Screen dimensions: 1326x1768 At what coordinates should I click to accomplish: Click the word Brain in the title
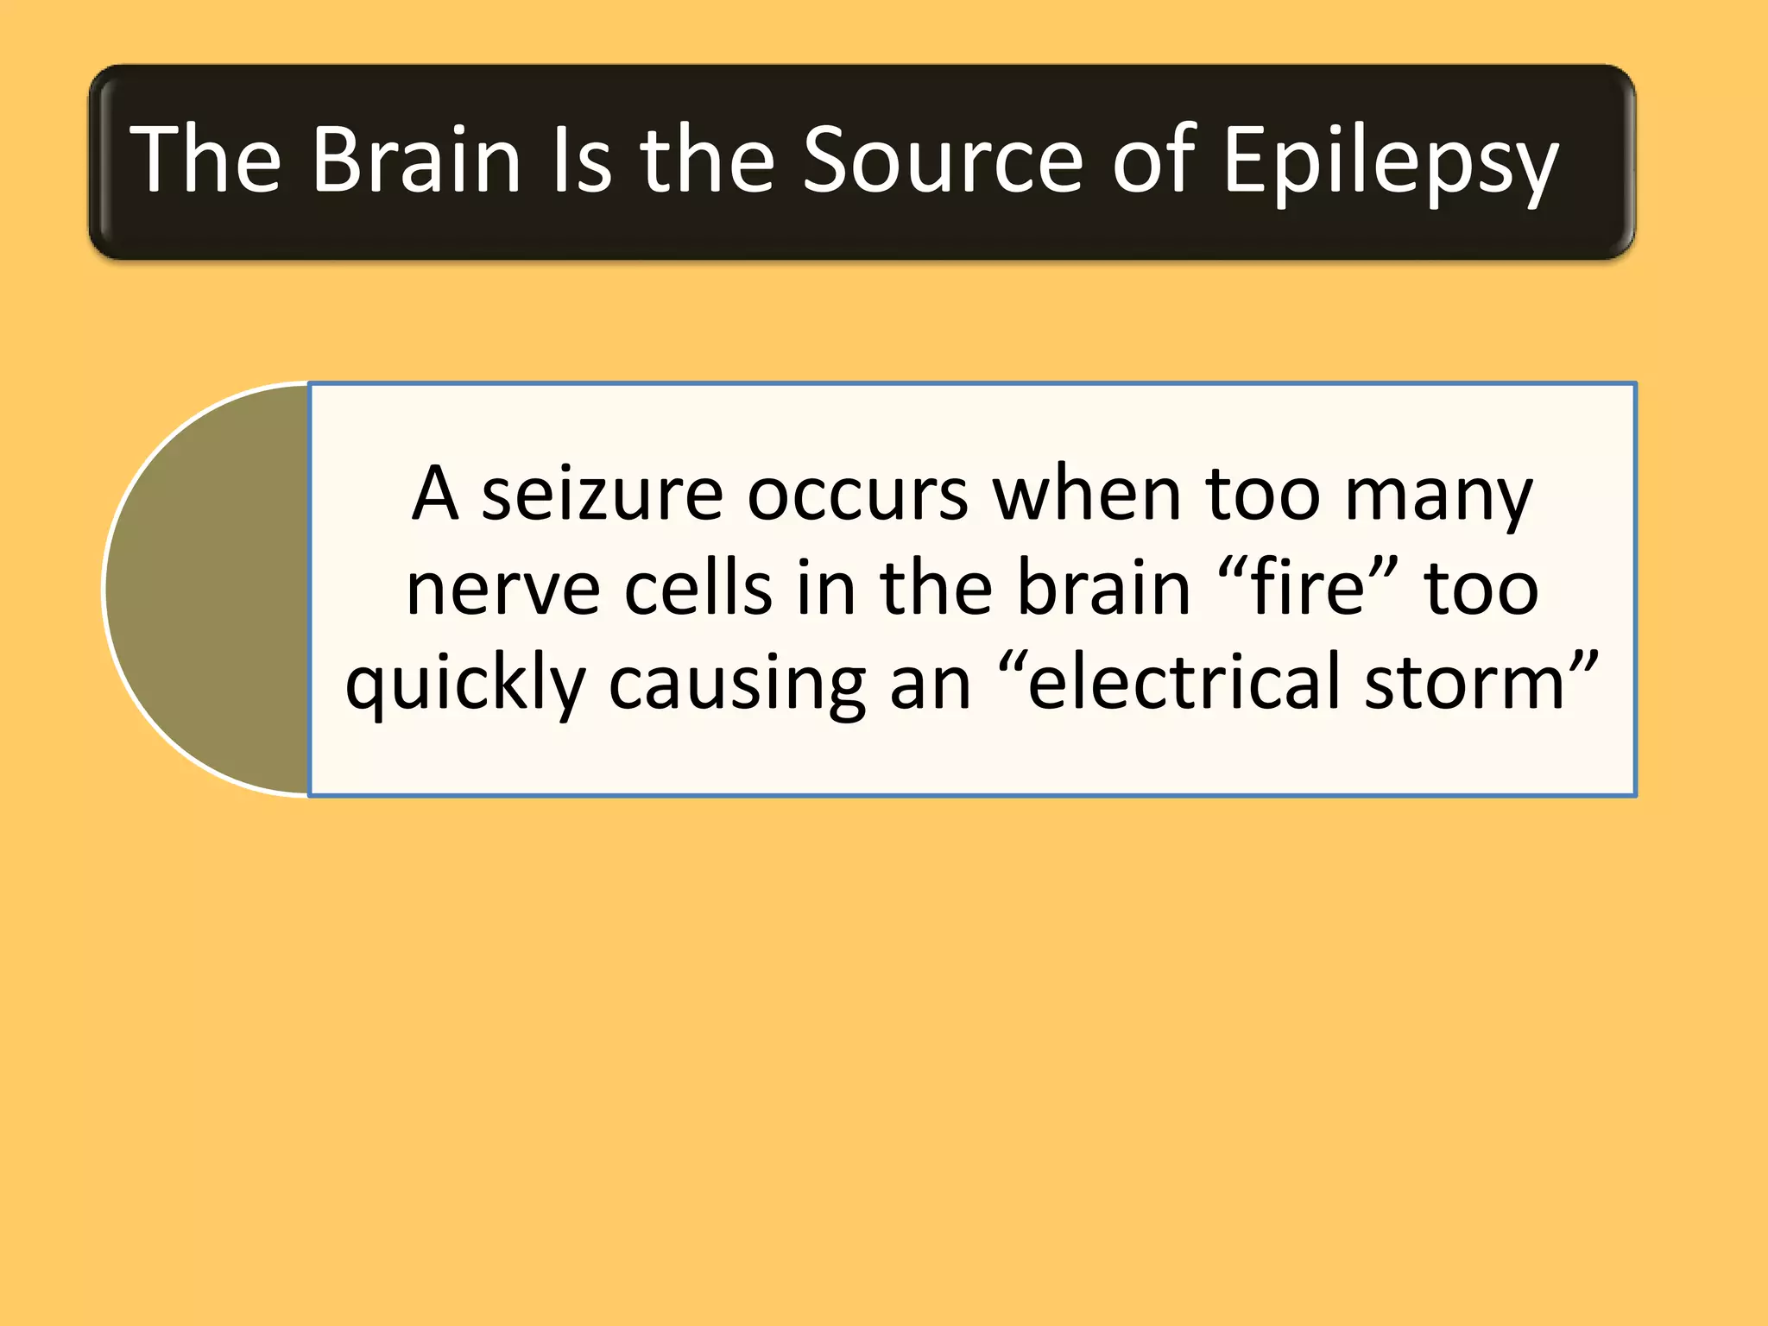[416, 160]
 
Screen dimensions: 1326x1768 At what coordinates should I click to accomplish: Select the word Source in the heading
[942, 160]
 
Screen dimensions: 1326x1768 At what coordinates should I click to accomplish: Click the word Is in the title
[581, 160]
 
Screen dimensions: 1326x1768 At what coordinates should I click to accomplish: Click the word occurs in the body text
[857, 496]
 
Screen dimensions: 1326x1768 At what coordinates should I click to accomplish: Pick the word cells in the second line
[698, 589]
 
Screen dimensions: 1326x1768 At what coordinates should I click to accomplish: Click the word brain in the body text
[1104, 589]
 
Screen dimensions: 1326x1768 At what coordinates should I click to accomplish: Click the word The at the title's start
[205, 160]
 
